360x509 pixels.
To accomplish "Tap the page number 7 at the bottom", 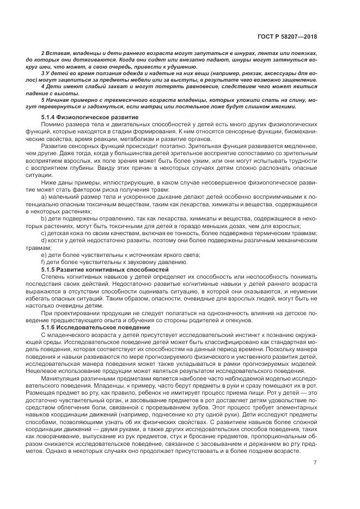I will (x=315, y=463).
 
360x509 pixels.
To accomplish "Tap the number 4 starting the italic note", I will (x=42, y=86).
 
